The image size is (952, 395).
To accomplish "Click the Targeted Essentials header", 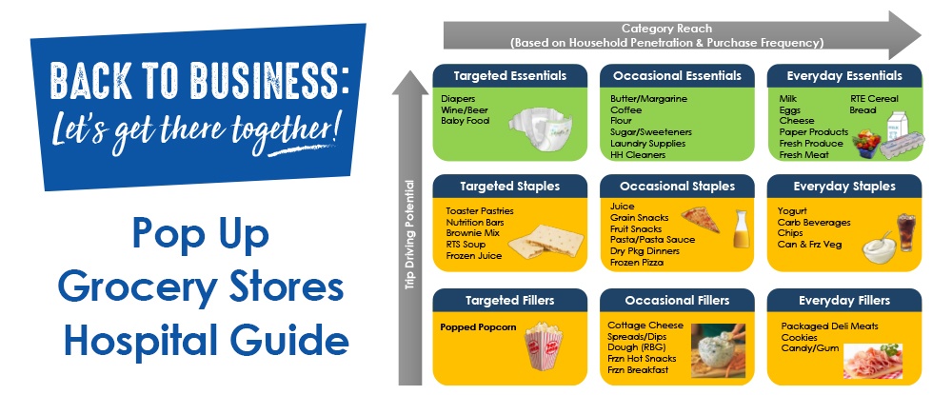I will click(x=510, y=75).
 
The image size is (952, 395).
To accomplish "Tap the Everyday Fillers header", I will click(x=844, y=300).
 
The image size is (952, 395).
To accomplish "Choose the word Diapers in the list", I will click(x=458, y=98).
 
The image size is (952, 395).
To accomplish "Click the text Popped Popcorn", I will click(x=478, y=327).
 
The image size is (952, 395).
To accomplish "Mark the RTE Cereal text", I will click(x=873, y=98).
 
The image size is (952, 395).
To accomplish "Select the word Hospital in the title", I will click(x=140, y=337).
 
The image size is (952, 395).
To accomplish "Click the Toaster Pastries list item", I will click(x=480, y=210).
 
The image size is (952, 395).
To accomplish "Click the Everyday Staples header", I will click(x=844, y=188).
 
